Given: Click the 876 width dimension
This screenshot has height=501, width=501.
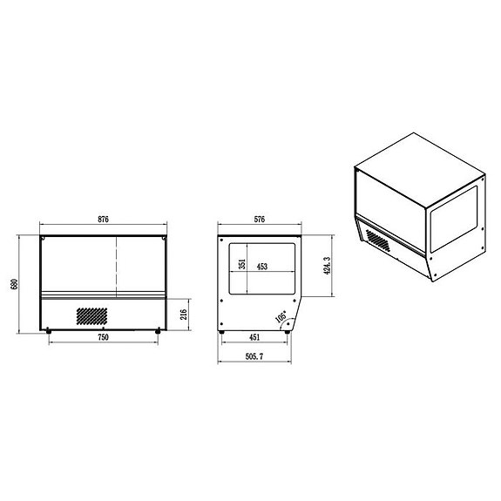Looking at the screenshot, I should pos(103,220).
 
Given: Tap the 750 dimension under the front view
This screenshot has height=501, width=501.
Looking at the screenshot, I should pos(103,336).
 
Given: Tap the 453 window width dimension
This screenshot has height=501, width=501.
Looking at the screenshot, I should pos(261,267).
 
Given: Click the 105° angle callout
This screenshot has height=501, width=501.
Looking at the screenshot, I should pos(281,318).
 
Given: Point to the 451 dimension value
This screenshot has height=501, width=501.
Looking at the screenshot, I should pos(254,336).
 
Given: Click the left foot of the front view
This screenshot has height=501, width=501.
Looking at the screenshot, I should pos(48,331).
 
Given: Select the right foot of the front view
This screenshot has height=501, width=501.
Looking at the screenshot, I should pos(158,331).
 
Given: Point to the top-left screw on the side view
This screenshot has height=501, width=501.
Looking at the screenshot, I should pos(224,241).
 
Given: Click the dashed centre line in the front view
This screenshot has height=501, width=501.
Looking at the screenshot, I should pos(117,261).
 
